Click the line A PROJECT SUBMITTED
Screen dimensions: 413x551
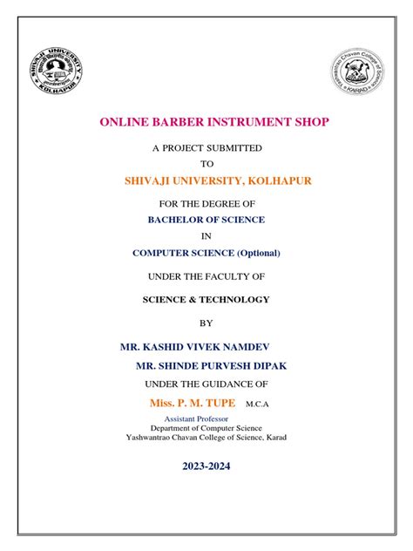click(206, 148)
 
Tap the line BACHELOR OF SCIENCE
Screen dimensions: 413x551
click(206, 220)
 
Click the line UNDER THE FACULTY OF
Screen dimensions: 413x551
click(206, 276)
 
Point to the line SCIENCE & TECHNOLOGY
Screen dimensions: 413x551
click(206, 299)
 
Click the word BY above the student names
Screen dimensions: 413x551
click(206, 323)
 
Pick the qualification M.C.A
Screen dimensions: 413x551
click(259, 404)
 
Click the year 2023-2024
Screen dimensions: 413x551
click(206, 466)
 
